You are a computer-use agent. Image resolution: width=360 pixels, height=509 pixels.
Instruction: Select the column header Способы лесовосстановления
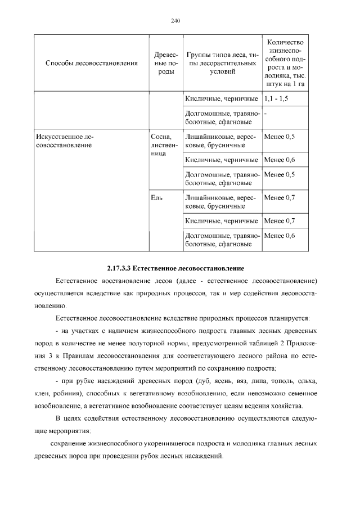pyautogui.click(x=91, y=64)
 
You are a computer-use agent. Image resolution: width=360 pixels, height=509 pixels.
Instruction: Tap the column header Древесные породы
pyautogui.click(x=165, y=64)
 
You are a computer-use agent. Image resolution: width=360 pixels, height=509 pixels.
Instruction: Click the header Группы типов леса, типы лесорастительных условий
pyautogui.click(x=222, y=64)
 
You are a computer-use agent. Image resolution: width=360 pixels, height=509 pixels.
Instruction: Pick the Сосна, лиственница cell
pyautogui.click(x=164, y=145)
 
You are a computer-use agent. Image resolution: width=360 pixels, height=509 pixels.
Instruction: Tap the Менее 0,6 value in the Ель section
pyautogui.click(x=279, y=236)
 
